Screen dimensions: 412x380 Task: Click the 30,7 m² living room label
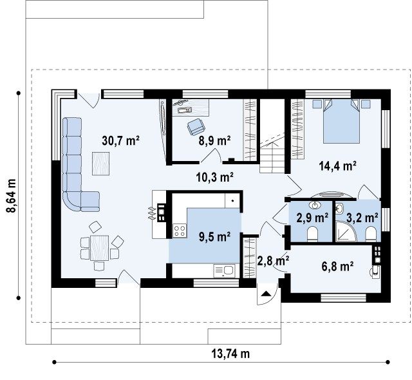coord(120,141)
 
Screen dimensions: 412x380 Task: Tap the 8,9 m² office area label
coord(214,140)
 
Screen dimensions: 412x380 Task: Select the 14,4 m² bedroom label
coord(337,166)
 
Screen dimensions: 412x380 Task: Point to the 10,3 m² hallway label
coord(215,177)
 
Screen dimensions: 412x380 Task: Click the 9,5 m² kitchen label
coord(214,237)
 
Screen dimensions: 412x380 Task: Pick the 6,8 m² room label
coord(337,267)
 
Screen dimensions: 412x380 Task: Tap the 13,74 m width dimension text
coord(230,354)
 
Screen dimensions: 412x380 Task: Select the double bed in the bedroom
coord(341,121)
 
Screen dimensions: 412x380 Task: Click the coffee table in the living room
coord(100,164)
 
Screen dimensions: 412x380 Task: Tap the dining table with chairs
coord(100,248)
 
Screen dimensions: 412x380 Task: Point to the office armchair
coord(196,126)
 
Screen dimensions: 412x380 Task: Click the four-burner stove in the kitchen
coord(180,231)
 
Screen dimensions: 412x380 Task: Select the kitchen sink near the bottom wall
coord(225,271)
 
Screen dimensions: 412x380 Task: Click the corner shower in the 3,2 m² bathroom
coord(346,231)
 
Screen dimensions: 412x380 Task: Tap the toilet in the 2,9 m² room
coord(313,234)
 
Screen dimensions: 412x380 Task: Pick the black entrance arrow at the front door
coord(267,294)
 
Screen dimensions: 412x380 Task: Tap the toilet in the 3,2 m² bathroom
coord(371,234)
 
